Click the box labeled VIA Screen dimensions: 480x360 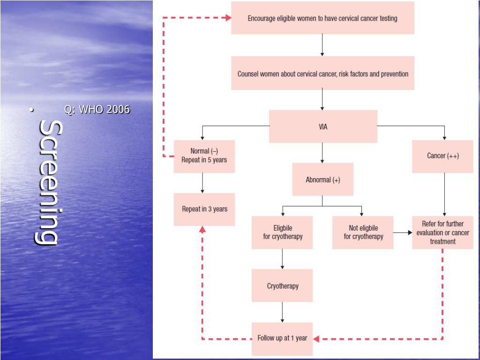[323, 127]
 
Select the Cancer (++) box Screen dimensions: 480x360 [442, 156]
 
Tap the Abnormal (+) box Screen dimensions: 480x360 [322, 180]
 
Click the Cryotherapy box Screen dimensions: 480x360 [282, 285]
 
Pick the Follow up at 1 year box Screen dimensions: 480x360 [282, 338]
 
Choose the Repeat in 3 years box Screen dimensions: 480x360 [204, 209]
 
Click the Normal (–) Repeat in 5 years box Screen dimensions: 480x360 [204, 156]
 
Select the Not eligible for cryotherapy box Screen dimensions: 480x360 [363, 232]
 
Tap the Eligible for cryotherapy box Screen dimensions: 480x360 [282, 232]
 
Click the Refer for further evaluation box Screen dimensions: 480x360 [442, 232]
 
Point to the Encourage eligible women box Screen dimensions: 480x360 [322, 18]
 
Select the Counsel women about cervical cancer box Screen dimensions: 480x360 [322, 74]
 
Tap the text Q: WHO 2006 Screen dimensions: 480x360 [97, 110]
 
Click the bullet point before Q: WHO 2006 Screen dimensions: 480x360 [31, 110]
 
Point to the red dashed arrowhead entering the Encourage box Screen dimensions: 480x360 [228, 18]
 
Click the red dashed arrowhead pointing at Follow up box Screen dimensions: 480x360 [316, 338]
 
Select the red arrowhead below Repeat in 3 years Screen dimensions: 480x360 [202, 229]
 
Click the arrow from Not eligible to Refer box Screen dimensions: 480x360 [403, 232]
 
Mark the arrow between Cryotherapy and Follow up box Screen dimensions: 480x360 [282, 312]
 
